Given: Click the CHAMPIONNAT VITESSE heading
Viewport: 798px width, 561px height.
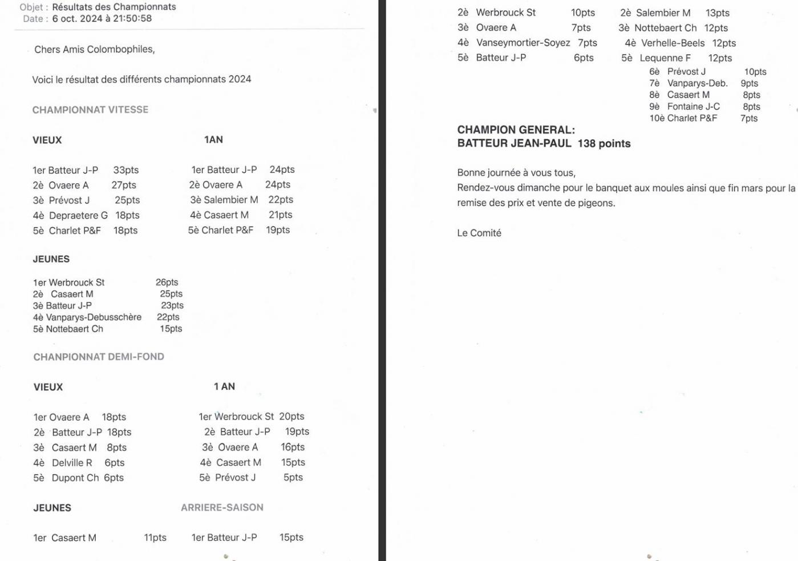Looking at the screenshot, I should point(90,110).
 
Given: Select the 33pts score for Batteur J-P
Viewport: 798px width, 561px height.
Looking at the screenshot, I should point(126,170).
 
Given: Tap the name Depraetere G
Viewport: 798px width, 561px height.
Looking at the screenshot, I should point(78,215).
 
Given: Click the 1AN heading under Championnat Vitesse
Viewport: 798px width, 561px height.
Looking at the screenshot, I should point(213,140).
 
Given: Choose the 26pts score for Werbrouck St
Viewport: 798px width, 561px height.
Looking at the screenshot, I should point(167,282).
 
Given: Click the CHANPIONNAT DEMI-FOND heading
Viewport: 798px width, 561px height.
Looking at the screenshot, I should point(99,357).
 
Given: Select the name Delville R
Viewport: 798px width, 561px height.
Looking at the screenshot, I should point(72,463).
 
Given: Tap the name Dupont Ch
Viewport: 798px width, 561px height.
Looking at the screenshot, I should point(75,478).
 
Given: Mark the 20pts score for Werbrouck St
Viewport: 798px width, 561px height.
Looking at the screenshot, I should point(291,417).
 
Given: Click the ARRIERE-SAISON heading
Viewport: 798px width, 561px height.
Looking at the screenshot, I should point(222,507).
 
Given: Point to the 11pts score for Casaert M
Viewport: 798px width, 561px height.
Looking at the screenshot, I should point(155,538).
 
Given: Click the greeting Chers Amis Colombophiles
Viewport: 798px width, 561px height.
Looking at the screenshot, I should point(95,50).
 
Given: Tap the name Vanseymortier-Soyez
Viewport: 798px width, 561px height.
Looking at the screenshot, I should point(523,43).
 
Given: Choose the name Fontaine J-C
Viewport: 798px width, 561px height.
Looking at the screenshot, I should point(693,107).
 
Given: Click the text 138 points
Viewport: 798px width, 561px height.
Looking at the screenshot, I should point(604,144).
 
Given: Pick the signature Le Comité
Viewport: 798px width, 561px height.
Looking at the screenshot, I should point(479,233).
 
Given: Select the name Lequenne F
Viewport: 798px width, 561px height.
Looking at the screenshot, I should point(665,58).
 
